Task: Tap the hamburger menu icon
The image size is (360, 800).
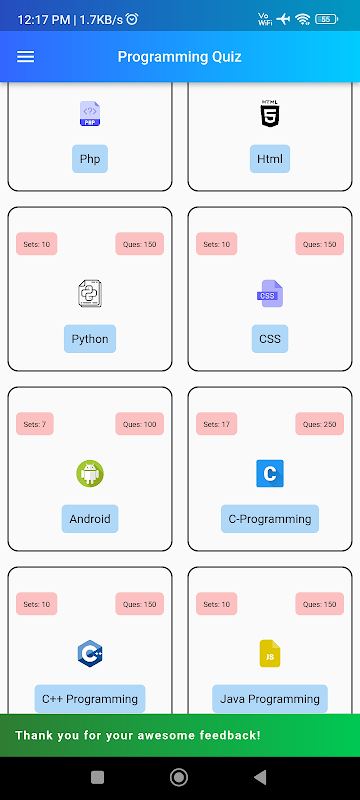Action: click(25, 57)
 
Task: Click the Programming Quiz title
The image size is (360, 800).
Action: click(179, 57)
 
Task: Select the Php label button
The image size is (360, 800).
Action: click(90, 159)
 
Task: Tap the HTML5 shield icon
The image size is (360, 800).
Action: click(270, 113)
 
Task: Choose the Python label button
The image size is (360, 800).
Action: click(90, 339)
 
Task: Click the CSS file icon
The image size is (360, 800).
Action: click(270, 294)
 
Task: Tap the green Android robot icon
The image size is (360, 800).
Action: click(90, 473)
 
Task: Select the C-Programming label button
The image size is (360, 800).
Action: click(270, 519)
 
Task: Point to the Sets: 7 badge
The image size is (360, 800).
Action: click(35, 424)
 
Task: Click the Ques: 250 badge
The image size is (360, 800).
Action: click(319, 424)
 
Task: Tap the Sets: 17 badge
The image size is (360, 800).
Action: click(217, 424)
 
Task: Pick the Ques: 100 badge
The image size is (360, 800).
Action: click(139, 424)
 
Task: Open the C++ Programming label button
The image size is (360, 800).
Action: click(90, 698)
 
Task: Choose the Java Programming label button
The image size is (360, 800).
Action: click(270, 698)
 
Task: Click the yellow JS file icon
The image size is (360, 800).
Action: click(270, 654)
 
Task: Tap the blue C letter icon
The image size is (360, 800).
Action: click(270, 473)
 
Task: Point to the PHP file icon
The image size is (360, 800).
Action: click(90, 113)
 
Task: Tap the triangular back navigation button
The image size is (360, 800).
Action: click(260, 777)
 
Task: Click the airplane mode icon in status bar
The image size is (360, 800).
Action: click(283, 19)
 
